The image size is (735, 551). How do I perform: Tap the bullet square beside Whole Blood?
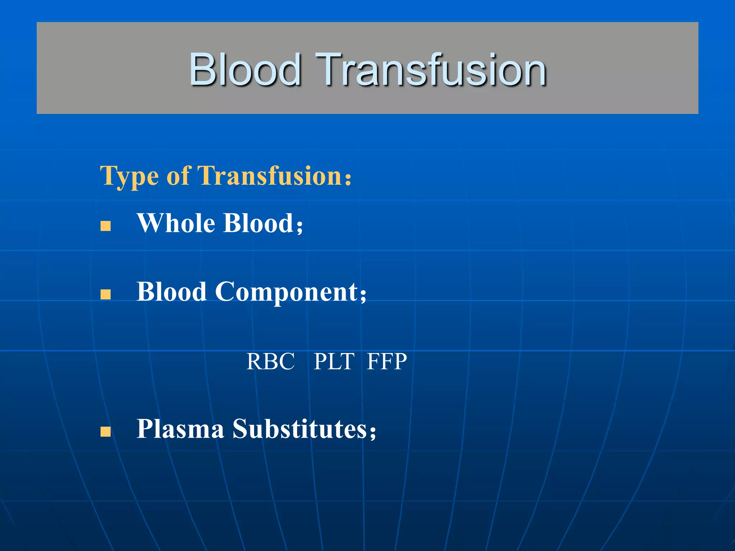click(x=106, y=226)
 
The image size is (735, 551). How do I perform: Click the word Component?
click(x=286, y=292)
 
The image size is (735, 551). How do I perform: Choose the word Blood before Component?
click(x=172, y=292)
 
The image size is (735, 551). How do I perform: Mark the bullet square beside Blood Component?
click(x=106, y=295)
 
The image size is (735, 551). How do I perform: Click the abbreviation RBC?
click(x=271, y=361)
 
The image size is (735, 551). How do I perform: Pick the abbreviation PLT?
click(x=334, y=361)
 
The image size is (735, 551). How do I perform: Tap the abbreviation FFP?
click(x=387, y=361)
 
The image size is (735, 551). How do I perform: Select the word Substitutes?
click(x=300, y=429)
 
